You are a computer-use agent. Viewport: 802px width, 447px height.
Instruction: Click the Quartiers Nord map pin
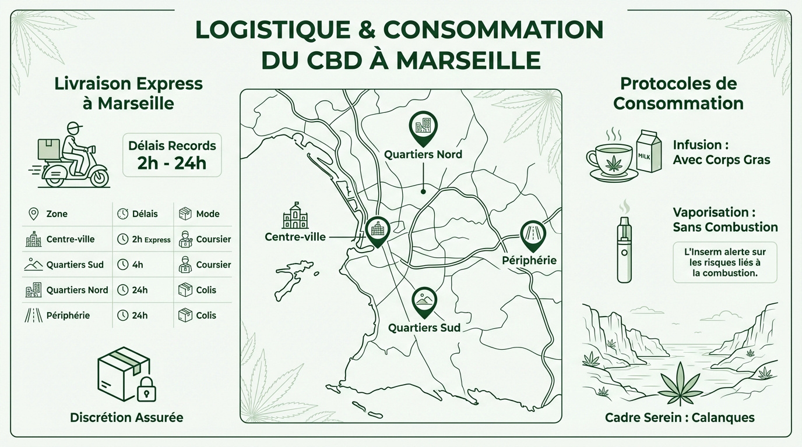(424, 127)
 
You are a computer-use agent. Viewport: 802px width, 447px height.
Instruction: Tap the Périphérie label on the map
(529, 260)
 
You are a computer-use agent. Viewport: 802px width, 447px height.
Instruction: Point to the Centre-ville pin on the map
(377, 230)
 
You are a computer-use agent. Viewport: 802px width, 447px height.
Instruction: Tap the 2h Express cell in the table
(143, 239)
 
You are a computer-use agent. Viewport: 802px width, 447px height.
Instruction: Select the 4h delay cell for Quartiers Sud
(138, 265)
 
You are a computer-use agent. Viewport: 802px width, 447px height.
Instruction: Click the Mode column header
(207, 214)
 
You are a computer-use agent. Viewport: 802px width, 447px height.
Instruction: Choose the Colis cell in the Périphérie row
(206, 315)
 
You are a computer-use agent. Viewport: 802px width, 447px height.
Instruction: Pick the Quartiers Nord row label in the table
(77, 290)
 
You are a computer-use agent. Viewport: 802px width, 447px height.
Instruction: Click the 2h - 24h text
(172, 163)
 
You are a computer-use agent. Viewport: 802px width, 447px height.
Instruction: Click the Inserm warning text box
(725, 262)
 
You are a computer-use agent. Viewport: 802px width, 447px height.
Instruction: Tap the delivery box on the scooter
(49, 149)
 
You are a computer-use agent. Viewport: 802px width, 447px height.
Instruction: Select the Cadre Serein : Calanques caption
(680, 417)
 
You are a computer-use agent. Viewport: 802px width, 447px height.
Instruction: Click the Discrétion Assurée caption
(126, 417)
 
